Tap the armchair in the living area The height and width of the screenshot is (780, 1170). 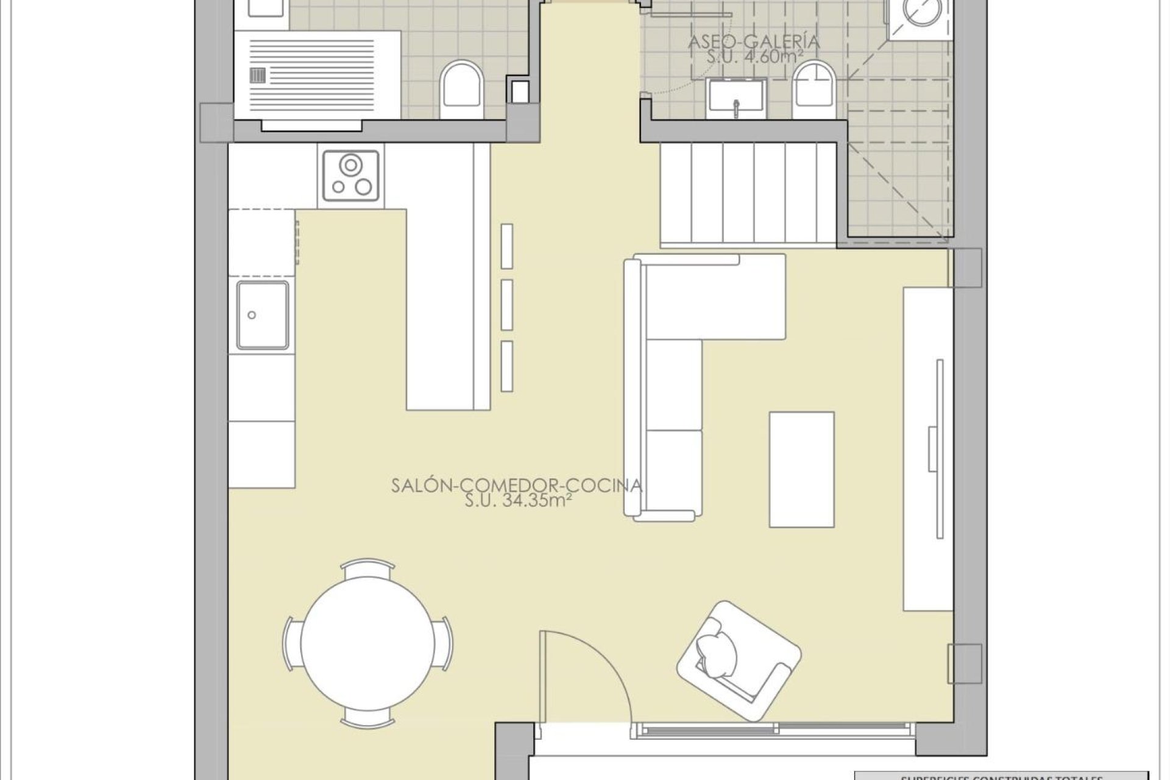tap(738, 669)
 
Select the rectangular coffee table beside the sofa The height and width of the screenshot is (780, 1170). tap(801, 469)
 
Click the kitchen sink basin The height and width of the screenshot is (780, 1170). tap(263, 315)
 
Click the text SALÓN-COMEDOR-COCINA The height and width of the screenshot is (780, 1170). tap(517, 486)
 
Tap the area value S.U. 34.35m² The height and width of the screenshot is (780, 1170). tap(517, 501)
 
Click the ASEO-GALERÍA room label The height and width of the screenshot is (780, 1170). tap(754, 42)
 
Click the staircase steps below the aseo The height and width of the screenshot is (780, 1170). tap(748, 192)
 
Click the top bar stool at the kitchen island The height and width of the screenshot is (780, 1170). tap(506, 246)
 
